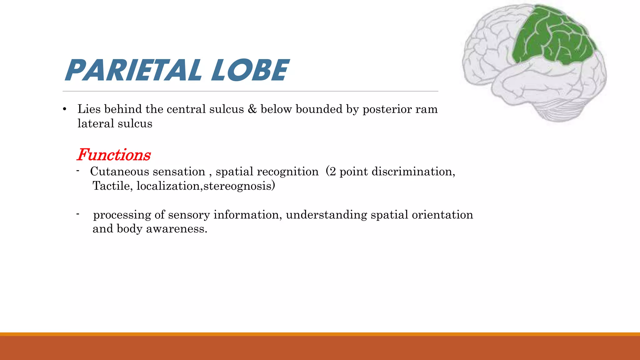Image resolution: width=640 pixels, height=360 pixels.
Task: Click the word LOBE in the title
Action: coord(250,70)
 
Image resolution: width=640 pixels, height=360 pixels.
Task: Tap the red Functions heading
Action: coord(114,155)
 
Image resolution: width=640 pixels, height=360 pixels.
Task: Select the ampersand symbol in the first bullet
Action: coord(252,109)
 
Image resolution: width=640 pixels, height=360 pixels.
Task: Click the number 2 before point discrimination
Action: coord(332,172)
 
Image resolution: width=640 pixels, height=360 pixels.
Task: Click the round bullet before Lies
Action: coord(65,109)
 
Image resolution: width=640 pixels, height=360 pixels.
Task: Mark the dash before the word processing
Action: coord(77,214)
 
